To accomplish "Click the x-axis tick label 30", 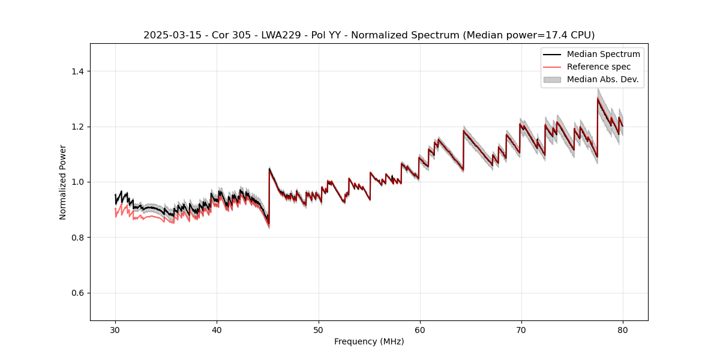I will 115,330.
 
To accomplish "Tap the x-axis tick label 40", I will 217,330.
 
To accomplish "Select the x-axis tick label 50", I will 319,330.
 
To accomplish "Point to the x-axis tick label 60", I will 420,330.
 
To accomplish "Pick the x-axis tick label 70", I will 521,330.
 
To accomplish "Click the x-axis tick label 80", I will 623,330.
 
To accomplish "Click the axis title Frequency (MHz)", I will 369,342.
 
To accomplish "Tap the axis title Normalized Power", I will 63,182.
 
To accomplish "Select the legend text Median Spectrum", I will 603,54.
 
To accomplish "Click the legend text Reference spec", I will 599,67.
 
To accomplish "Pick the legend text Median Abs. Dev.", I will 602,79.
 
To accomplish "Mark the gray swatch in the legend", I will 552,79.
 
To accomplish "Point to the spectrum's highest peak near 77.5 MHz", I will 598,99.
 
